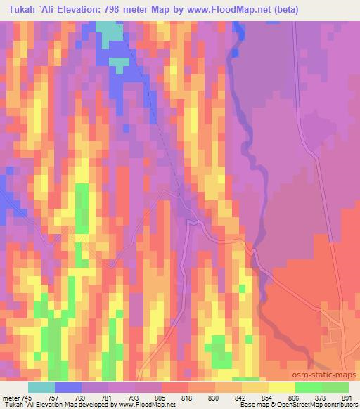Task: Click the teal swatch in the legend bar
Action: coord(41,387)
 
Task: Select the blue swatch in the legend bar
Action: coord(68,387)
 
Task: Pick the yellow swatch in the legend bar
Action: coord(281,387)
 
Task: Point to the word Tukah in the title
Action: coord(19,10)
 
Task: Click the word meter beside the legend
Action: coord(10,398)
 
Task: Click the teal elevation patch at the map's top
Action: coord(108,32)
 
